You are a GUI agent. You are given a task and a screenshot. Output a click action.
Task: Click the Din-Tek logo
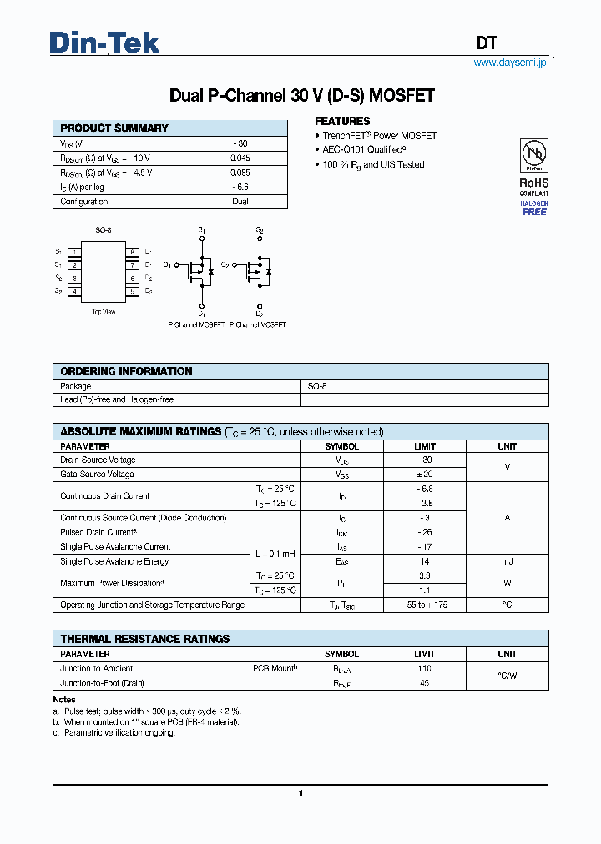pyautogui.click(x=104, y=43)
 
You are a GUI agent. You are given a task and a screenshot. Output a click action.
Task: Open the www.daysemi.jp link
pyautogui.click(x=509, y=63)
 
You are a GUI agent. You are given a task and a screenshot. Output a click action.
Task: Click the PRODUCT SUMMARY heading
pyautogui.click(x=114, y=128)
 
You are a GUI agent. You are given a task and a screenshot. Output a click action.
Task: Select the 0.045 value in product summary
pyautogui.click(x=240, y=158)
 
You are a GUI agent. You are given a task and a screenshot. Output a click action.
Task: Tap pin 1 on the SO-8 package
pyautogui.click(x=75, y=252)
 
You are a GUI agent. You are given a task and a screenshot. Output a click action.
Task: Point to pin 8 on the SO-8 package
pyautogui.click(x=132, y=252)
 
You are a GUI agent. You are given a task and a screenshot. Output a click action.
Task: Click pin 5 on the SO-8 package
pyautogui.click(x=132, y=292)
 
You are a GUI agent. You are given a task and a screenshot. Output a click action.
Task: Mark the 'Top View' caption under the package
pyautogui.click(x=104, y=311)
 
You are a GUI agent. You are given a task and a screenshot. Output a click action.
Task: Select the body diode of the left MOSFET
pyautogui.click(x=211, y=272)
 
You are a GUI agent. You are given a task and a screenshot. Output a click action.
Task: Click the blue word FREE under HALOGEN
pyautogui.click(x=534, y=212)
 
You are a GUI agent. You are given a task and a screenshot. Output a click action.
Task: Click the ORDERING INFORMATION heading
pyautogui.click(x=126, y=371)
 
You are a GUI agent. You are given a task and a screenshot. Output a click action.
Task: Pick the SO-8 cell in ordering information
pyautogui.click(x=318, y=386)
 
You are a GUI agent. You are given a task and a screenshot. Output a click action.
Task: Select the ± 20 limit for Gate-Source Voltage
pyautogui.click(x=425, y=474)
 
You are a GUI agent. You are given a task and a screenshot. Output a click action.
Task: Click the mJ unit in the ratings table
pyautogui.click(x=507, y=561)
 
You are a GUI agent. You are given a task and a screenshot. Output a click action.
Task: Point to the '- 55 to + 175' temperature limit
pyautogui.click(x=425, y=605)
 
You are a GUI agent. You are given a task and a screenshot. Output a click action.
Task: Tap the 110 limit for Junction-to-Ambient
pyautogui.click(x=425, y=669)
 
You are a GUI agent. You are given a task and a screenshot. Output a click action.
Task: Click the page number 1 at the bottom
pyautogui.click(x=300, y=794)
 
